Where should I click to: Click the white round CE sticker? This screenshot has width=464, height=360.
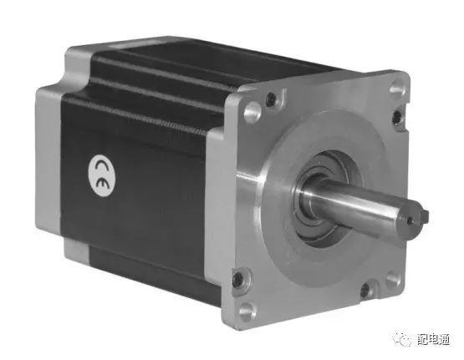pos(102,175)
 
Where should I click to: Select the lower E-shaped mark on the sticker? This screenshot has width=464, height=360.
pos(102,183)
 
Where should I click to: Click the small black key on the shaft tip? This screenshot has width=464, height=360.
pos(425,216)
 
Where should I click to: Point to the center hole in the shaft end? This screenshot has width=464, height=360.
pos(410,221)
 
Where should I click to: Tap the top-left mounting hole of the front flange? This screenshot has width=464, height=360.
pos(252,112)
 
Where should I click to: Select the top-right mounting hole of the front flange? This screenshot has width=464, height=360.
pos(396,88)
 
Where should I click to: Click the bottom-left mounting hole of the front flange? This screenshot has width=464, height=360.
pos(247,311)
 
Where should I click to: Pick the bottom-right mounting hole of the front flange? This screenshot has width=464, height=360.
pos(393,280)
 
